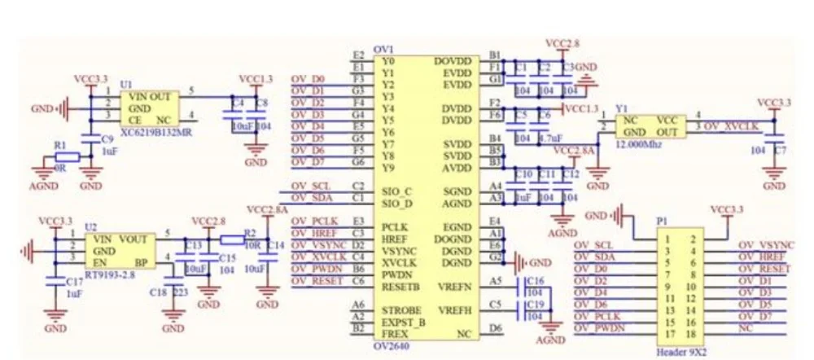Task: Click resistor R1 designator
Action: pyautogui.click(x=59, y=144)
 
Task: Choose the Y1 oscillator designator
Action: pyautogui.click(x=623, y=107)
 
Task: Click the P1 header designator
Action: pyautogui.click(x=663, y=221)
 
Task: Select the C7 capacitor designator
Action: pyautogui.click(x=781, y=151)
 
